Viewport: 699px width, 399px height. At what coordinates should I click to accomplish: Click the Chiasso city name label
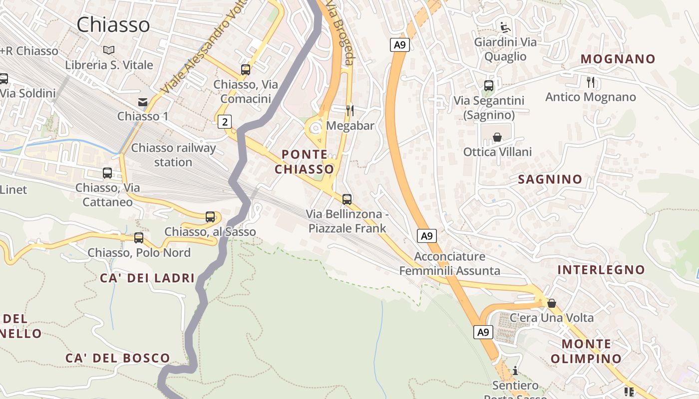click(113, 24)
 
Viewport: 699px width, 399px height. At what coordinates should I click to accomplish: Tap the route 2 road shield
click(225, 121)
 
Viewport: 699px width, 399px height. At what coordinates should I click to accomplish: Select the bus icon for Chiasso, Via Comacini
click(246, 70)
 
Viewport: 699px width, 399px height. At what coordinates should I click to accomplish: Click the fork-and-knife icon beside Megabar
click(350, 110)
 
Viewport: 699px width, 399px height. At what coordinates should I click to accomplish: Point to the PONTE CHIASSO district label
click(304, 162)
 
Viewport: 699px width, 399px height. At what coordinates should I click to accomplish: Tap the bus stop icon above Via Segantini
click(489, 86)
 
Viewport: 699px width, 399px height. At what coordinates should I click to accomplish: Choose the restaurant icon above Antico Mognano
click(591, 82)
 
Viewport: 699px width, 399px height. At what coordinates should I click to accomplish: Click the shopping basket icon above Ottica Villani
click(497, 137)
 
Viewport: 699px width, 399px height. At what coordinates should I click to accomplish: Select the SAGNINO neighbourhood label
click(550, 179)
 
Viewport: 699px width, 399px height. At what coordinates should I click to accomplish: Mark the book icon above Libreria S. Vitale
click(109, 50)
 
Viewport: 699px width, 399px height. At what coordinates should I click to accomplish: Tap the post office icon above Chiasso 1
click(143, 102)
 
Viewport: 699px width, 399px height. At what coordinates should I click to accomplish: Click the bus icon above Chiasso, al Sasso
click(210, 217)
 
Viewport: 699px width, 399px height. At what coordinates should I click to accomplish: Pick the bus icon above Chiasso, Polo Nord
click(139, 238)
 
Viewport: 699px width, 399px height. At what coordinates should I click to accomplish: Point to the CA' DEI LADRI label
click(147, 278)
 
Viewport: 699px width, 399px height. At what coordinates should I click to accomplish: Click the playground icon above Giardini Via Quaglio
click(505, 27)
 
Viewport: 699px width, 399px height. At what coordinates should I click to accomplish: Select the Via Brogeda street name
click(341, 32)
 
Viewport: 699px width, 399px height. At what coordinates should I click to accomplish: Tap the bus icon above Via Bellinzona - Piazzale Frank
click(347, 199)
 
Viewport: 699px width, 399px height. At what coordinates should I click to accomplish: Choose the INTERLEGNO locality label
click(601, 270)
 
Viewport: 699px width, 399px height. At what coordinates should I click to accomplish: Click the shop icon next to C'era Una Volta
click(552, 303)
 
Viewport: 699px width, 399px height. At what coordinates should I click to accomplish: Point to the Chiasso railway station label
click(173, 155)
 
